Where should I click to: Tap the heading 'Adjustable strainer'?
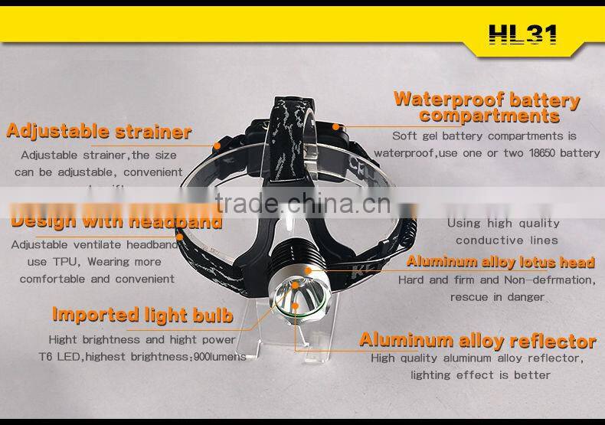click(99, 131)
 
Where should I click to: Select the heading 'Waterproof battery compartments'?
click(486, 107)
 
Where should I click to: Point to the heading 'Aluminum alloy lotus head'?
click(500, 262)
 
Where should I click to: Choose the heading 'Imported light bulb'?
click(142, 315)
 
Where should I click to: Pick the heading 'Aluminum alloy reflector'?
click(478, 340)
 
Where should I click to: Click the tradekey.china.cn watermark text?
click(302, 203)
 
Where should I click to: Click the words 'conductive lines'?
click(507, 240)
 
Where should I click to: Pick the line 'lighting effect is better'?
click(480, 375)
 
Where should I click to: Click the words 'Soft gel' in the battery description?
click(415, 136)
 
